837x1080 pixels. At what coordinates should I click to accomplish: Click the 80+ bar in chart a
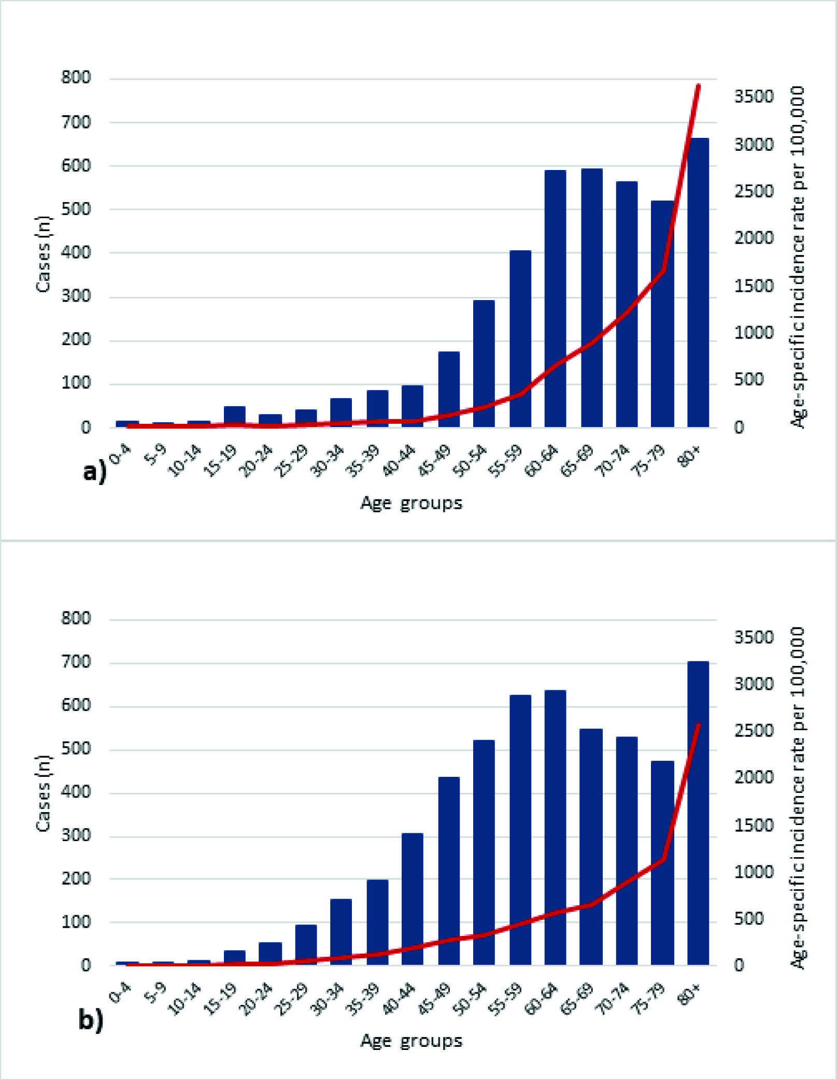[x=698, y=282]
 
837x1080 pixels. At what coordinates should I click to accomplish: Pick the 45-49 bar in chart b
[x=449, y=871]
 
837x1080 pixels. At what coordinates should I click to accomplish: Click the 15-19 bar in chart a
[x=234, y=417]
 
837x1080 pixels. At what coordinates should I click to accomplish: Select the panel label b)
[x=91, y=1020]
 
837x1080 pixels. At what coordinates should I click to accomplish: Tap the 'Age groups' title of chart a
[x=412, y=503]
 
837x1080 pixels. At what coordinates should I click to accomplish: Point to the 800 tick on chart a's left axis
[x=76, y=78]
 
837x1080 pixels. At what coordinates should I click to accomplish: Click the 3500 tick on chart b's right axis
[x=754, y=637]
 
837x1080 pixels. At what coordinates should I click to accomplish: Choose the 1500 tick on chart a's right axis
[x=754, y=286]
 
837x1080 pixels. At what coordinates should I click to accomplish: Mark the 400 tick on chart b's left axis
[x=76, y=792]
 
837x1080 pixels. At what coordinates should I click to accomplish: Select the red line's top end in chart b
[x=699, y=724]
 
